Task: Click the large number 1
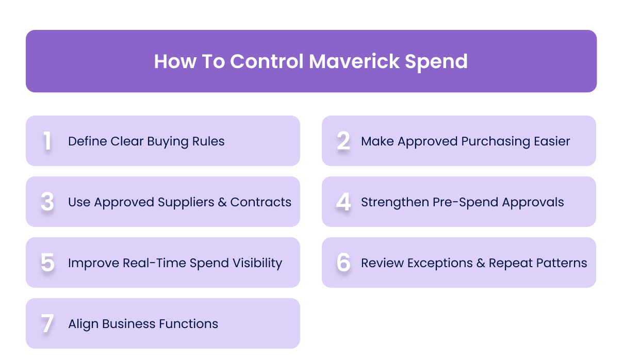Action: tap(47, 141)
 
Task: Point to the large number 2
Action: tap(343, 141)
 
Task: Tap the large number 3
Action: tap(47, 202)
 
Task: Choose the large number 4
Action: tap(343, 202)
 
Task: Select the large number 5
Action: tap(47, 263)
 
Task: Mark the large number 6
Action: tap(343, 263)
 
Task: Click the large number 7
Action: tap(47, 324)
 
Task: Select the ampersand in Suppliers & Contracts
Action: tap(222, 202)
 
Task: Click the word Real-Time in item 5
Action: tap(155, 263)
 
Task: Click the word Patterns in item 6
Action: tap(562, 263)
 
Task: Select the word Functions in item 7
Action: tap(188, 324)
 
